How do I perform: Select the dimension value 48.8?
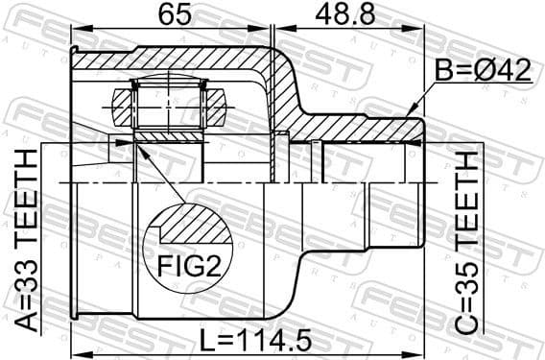tap(343, 15)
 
